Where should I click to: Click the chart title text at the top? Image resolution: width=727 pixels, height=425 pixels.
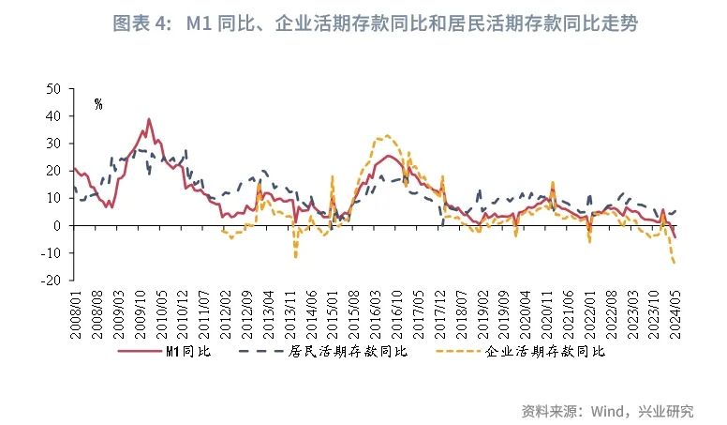click(x=375, y=23)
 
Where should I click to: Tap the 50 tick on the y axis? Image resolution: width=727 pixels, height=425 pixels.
click(x=53, y=89)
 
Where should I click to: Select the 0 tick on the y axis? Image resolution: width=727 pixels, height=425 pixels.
click(x=57, y=226)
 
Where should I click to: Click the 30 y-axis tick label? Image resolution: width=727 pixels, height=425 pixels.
click(x=53, y=144)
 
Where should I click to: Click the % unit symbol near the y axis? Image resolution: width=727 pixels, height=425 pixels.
click(x=97, y=104)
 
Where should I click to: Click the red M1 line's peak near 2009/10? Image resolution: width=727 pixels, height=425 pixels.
click(x=148, y=119)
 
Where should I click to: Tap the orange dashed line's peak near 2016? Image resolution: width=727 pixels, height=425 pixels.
click(x=386, y=135)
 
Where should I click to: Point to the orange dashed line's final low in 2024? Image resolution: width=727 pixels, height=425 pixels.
click(x=675, y=263)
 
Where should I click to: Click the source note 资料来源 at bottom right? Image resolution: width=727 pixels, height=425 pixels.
click(x=607, y=410)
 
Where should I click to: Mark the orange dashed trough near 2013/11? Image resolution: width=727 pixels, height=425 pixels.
click(x=296, y=256)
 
